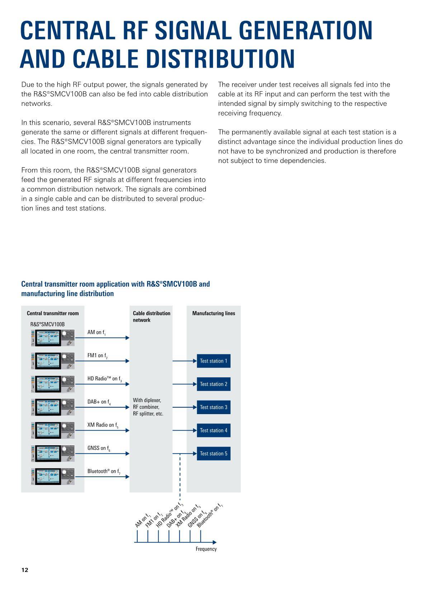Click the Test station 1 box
213,361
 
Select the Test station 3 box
213,407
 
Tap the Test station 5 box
213,453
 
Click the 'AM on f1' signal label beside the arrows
96,333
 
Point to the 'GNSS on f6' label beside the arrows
99,448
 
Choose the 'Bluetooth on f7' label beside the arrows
104,471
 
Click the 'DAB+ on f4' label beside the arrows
99,402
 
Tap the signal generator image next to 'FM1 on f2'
53,361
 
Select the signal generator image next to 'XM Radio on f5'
53,430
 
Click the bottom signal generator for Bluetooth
53,476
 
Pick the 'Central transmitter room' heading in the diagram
53,313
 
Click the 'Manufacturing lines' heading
214,313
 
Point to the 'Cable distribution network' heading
151,316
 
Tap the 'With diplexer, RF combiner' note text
148,407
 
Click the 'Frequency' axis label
206,549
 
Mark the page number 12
25,570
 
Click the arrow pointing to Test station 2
185,384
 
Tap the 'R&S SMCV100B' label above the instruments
47,324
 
